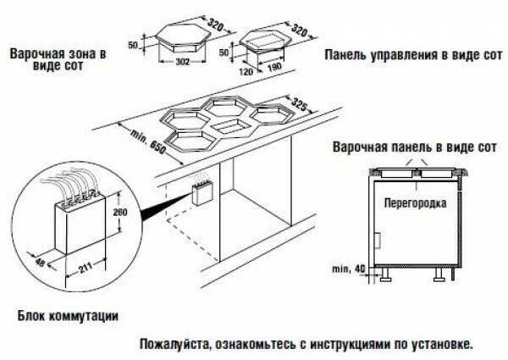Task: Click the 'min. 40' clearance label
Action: [x=343, y=269]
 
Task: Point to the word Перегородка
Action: [x=415, y=204]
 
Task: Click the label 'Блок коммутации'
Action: [x=68, y=315]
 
